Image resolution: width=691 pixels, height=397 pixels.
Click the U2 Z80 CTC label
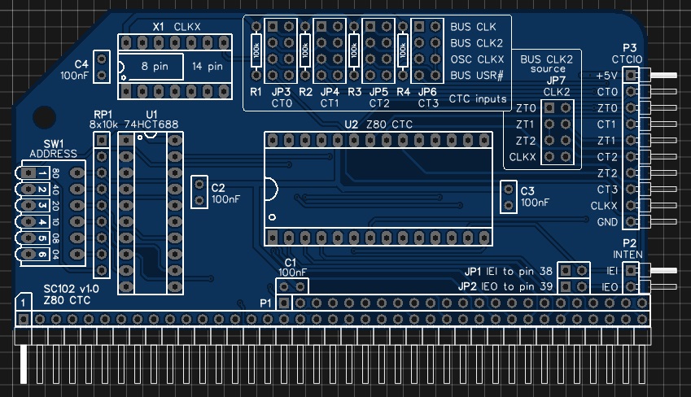click(379, 124)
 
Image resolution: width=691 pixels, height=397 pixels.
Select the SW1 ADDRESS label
click(53, 149)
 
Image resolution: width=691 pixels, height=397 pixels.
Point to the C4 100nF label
click(76, 70)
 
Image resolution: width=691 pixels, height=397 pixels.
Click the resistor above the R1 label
click(256, 51)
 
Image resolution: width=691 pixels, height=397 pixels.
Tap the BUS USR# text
click(476, 76)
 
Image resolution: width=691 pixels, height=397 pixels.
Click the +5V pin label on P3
click(606, 76)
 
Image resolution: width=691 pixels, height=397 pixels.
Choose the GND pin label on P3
click(607, 222)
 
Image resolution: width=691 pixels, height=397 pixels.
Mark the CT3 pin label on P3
click(607, 190)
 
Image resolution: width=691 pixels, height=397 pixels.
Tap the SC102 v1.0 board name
click(71, 290)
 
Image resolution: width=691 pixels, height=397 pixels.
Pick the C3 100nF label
click(535, 196)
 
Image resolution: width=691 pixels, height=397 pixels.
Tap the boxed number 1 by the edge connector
click(26, 303)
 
